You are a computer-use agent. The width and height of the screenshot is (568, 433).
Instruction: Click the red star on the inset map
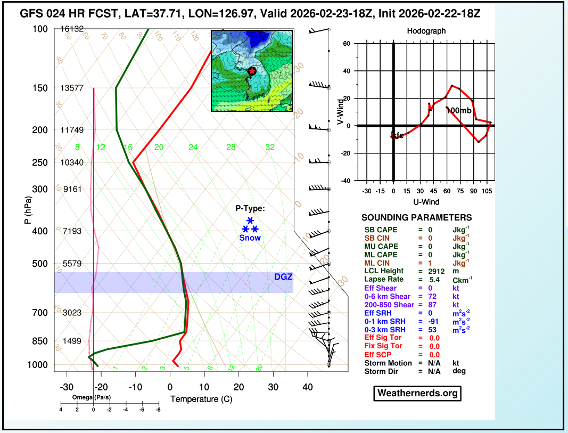pos(252,71)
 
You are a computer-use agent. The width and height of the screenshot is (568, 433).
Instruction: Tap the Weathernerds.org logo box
pos(417,393)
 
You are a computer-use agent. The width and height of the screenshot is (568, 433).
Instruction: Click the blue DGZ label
pos(283,277)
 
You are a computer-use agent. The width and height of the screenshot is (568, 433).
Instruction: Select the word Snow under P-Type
pos(250,238)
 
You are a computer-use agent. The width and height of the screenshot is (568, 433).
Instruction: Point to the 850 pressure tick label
pos(40,341)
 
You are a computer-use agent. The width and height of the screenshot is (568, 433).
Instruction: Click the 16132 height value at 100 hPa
pos(72,29)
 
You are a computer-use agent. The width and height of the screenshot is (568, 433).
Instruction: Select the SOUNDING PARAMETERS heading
pos(416,217)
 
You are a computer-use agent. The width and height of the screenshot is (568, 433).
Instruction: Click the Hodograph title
pos(426,31)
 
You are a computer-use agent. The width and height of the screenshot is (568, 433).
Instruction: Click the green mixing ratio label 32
pos(270,148)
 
